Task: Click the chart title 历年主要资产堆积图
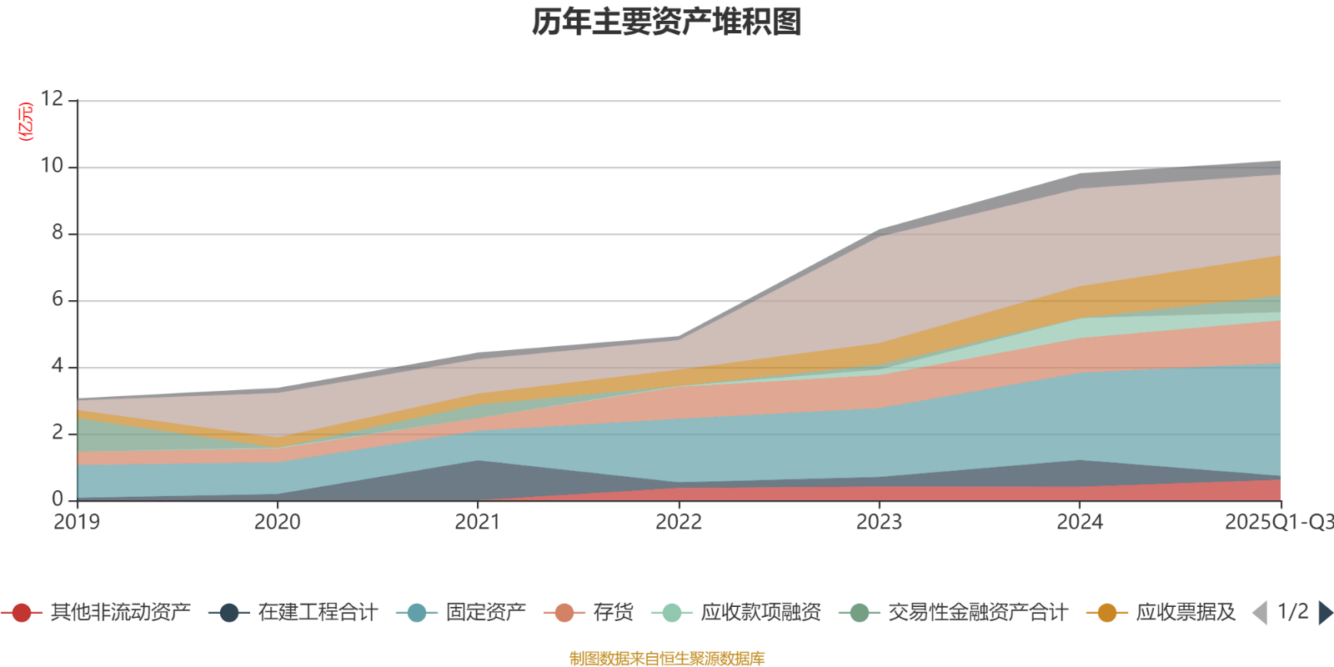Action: click(667, 23)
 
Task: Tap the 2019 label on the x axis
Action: click(77, 522)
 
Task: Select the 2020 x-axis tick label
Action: click(278, 522)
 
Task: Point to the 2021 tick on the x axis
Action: click(478, 522)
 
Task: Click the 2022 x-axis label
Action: click(679, 522)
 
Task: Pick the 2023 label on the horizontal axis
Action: click(879, 522)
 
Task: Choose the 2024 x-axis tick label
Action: click(1080, 522)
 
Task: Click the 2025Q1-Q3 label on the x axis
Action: click(1278, 522)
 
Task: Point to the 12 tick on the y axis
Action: click(52, 99)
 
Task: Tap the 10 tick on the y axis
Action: click(52, 166)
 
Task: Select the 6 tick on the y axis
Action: click(57, 299)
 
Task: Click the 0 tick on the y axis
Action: click(57, 499)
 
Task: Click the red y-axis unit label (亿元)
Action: click(26, 122)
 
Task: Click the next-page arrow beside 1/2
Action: click(1324, 613)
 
